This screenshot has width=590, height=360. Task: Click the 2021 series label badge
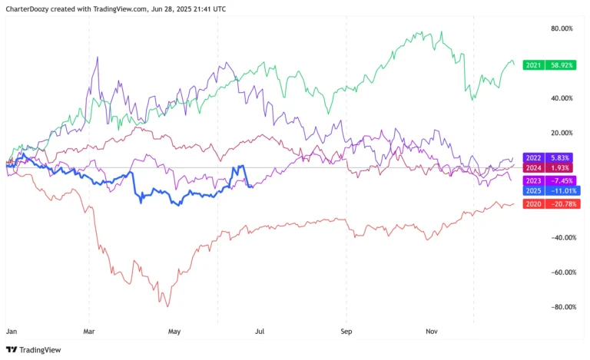tap(533, 66)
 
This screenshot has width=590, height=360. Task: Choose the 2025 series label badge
tap(533, 190)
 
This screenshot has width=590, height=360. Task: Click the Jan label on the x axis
tap(12, 332)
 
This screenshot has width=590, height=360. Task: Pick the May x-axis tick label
tap(174, 332)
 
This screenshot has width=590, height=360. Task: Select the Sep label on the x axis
tap(346, 332)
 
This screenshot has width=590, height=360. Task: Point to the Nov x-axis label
tap(431, 332)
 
